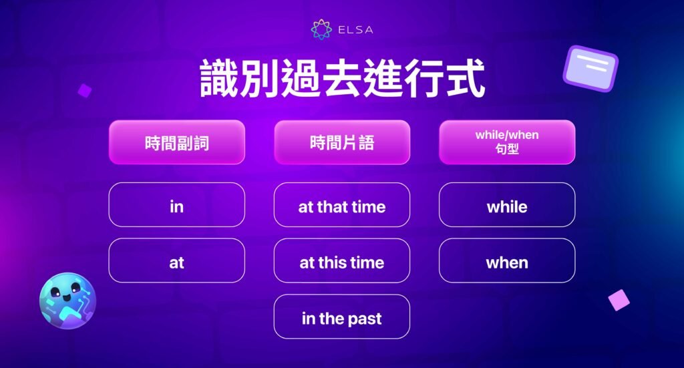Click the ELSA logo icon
tap(321, 30)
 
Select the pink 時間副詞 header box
tap(177, 142)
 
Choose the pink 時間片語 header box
tap(342, 142)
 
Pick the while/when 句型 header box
tap(507, 142)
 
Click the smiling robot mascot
tap(67, 301)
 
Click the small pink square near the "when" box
tap(619, 300)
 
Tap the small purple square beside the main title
tap(84, 90)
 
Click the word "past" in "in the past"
tap(364, 319)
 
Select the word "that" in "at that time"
tap(332, 207)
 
